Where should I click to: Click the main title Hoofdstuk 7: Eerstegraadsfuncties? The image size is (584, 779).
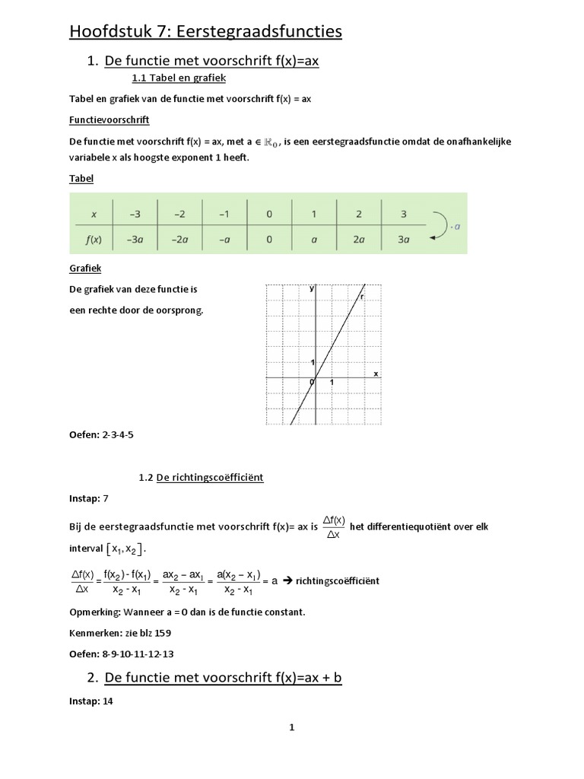[x=205, y=31]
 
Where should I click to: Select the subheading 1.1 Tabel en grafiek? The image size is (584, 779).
[x=179, y=78]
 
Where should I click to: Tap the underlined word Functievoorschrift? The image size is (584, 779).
[x=109, y=120]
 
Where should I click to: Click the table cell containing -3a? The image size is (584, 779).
[x=135, y=239]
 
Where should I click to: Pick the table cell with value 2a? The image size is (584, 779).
[x=358, y=239]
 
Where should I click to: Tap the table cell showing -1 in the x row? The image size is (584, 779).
[x=224, y=214]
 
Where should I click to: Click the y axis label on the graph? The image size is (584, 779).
[x=312, y=290]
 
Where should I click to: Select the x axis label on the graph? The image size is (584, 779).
[x=376, y=374]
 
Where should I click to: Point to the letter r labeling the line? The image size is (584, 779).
[x=362, y=297]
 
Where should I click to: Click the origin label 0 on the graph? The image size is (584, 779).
[x=311, y=382]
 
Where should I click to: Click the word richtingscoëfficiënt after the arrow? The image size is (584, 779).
[x=338, y=580]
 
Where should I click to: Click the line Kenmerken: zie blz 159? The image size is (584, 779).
[x=119, y=632]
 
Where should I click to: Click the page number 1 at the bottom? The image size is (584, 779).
[x=291, y=728]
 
